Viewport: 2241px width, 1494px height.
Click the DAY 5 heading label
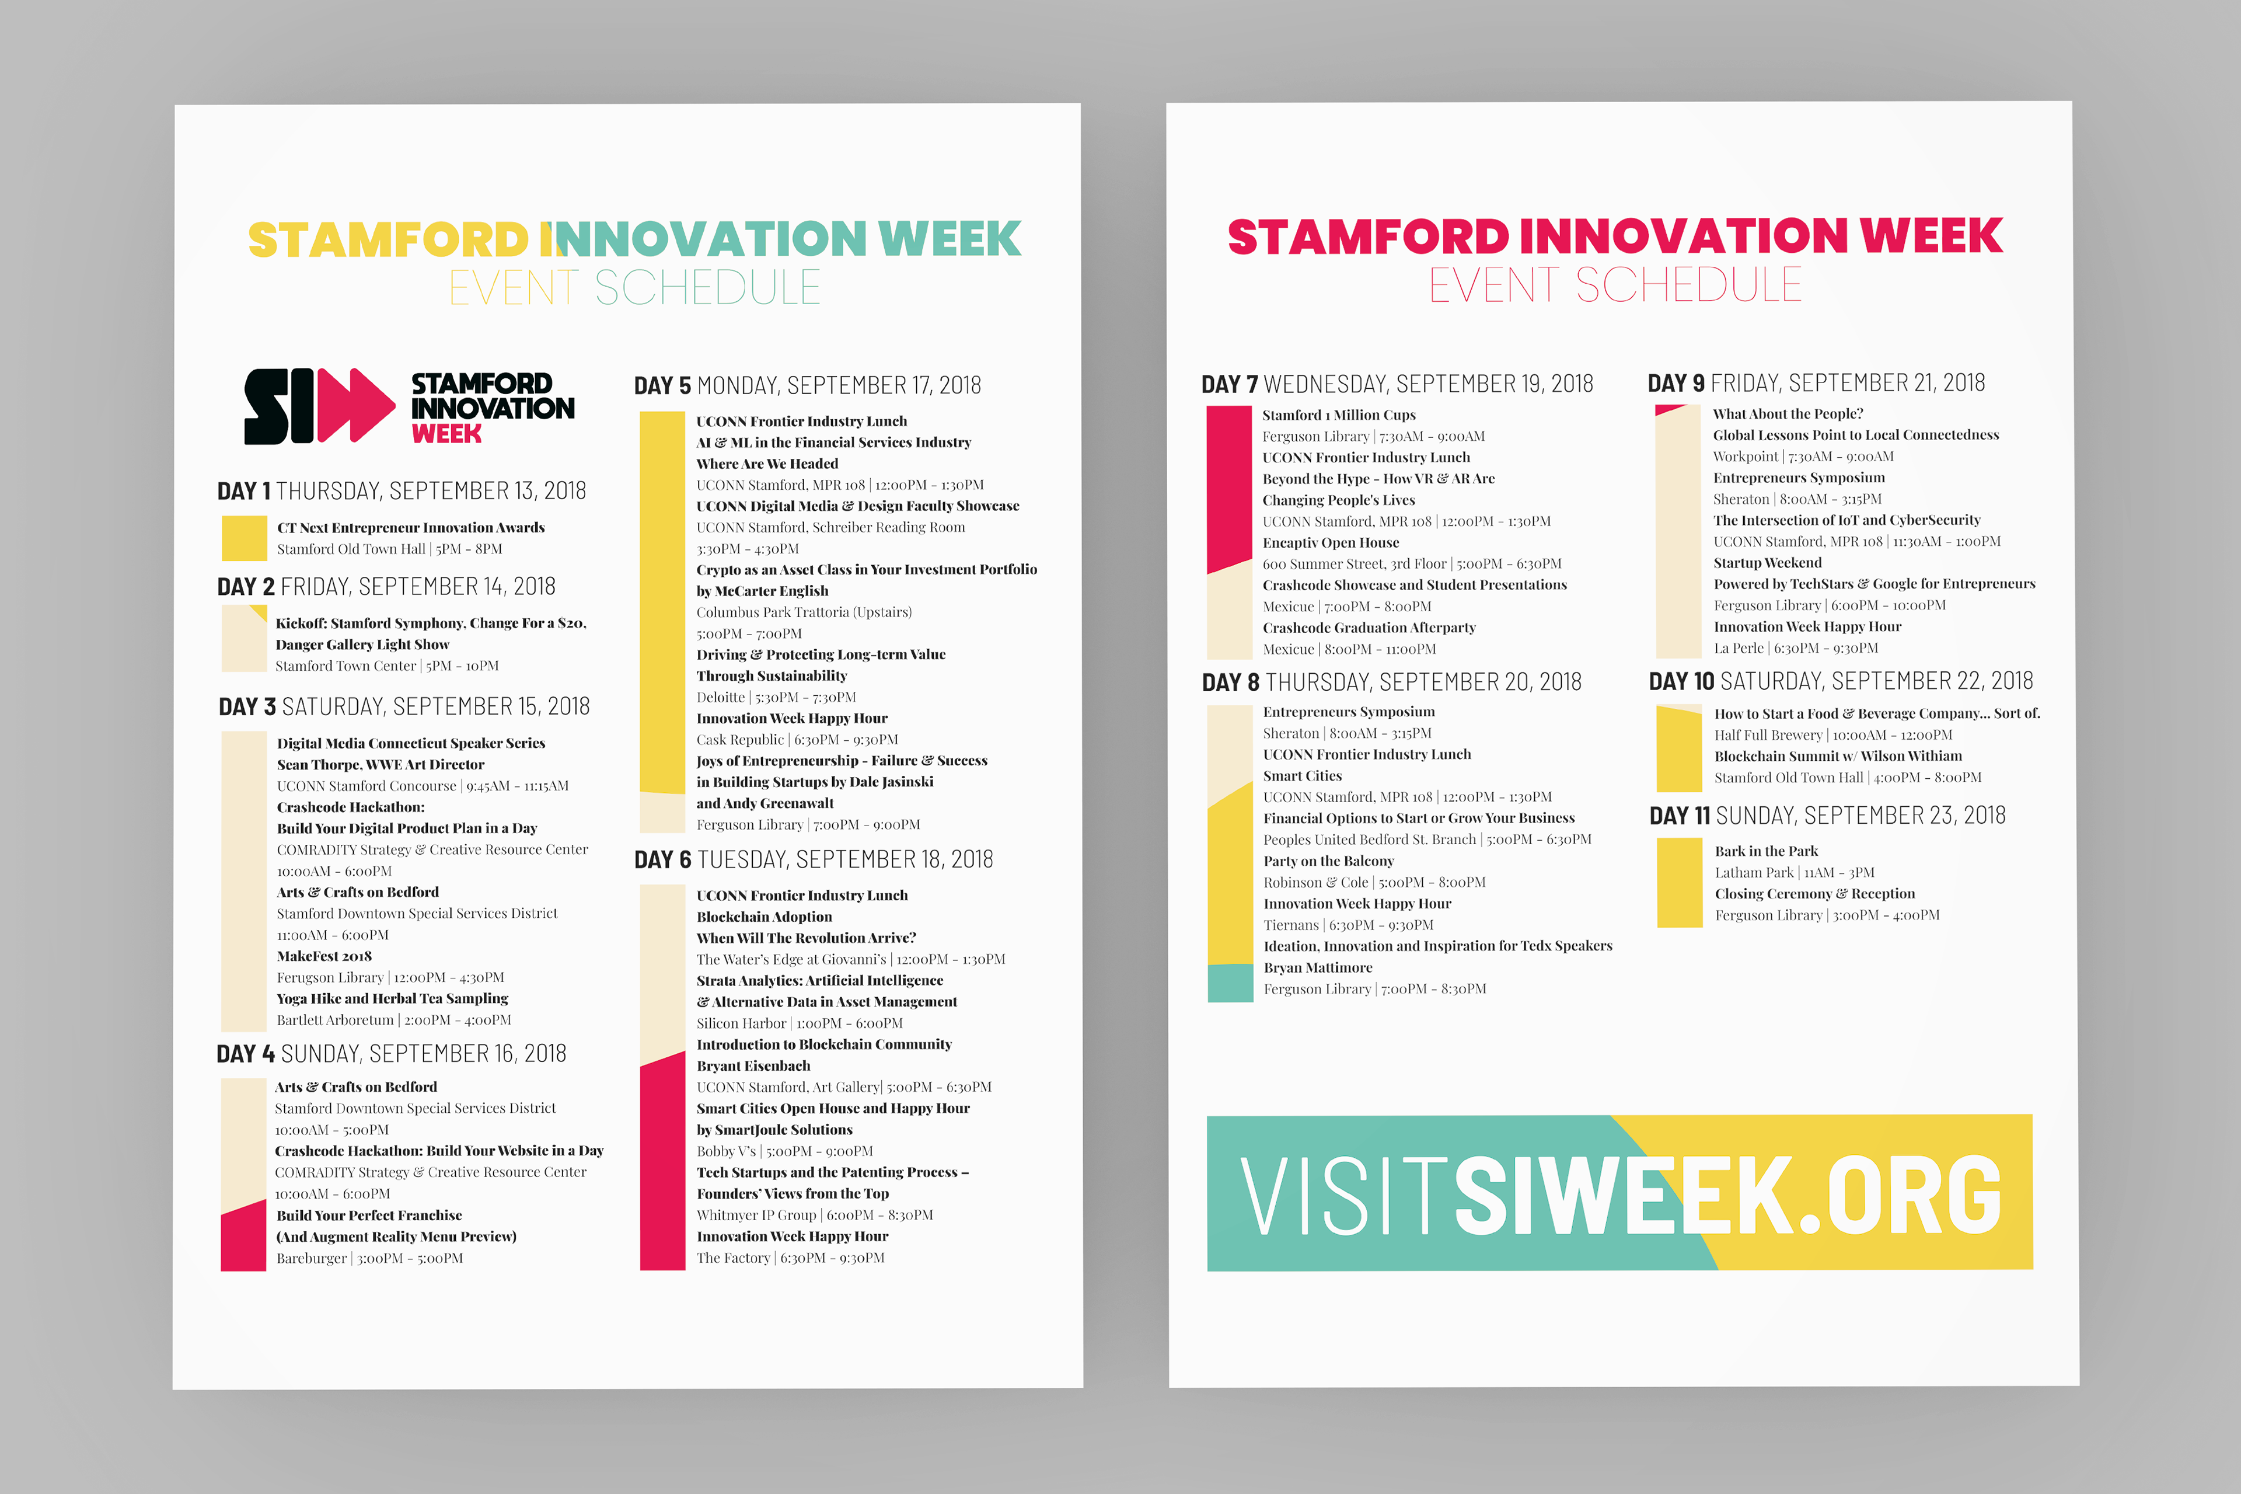tap(662, 386)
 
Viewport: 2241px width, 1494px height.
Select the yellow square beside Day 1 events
tap(244, 538)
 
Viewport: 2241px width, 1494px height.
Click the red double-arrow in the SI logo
tap(355, 405)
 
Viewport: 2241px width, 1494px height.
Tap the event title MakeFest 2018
tap(324, 956)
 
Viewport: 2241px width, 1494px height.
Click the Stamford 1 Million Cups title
tap(1338, 415)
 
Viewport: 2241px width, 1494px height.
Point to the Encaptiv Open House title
tap(1331, 542)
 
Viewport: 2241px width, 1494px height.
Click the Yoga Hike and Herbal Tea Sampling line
tap(392, 998)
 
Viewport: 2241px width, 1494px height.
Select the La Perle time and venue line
tap(1796, 648)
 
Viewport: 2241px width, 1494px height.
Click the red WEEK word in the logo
tap(446, 434)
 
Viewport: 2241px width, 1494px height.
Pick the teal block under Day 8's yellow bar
tap(1230, 983)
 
